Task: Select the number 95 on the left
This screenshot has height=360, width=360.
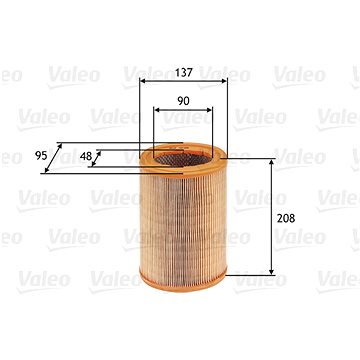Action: pyautogui.click(x=41, y=156)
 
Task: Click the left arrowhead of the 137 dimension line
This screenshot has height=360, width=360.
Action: pyautogui.click(x=143, y=80)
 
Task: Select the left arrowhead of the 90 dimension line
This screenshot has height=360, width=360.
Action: pyautogui.click(x=157, y=111)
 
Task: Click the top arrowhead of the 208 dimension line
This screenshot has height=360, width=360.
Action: pyautogui.click(x=272, y=162)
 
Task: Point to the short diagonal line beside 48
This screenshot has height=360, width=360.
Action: pyautogui.click(x=99, y=158)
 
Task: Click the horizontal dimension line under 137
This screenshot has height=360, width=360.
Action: pyautogui.click(x=183, y=80)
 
